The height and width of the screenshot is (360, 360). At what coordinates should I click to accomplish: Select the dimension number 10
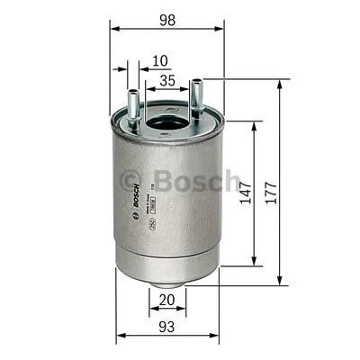[160, 61]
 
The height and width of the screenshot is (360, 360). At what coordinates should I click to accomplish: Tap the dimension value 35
[166, 81]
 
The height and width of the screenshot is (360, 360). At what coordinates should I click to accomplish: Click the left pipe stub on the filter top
[133, 104]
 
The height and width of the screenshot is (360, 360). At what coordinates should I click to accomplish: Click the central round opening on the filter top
[165, 119]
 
